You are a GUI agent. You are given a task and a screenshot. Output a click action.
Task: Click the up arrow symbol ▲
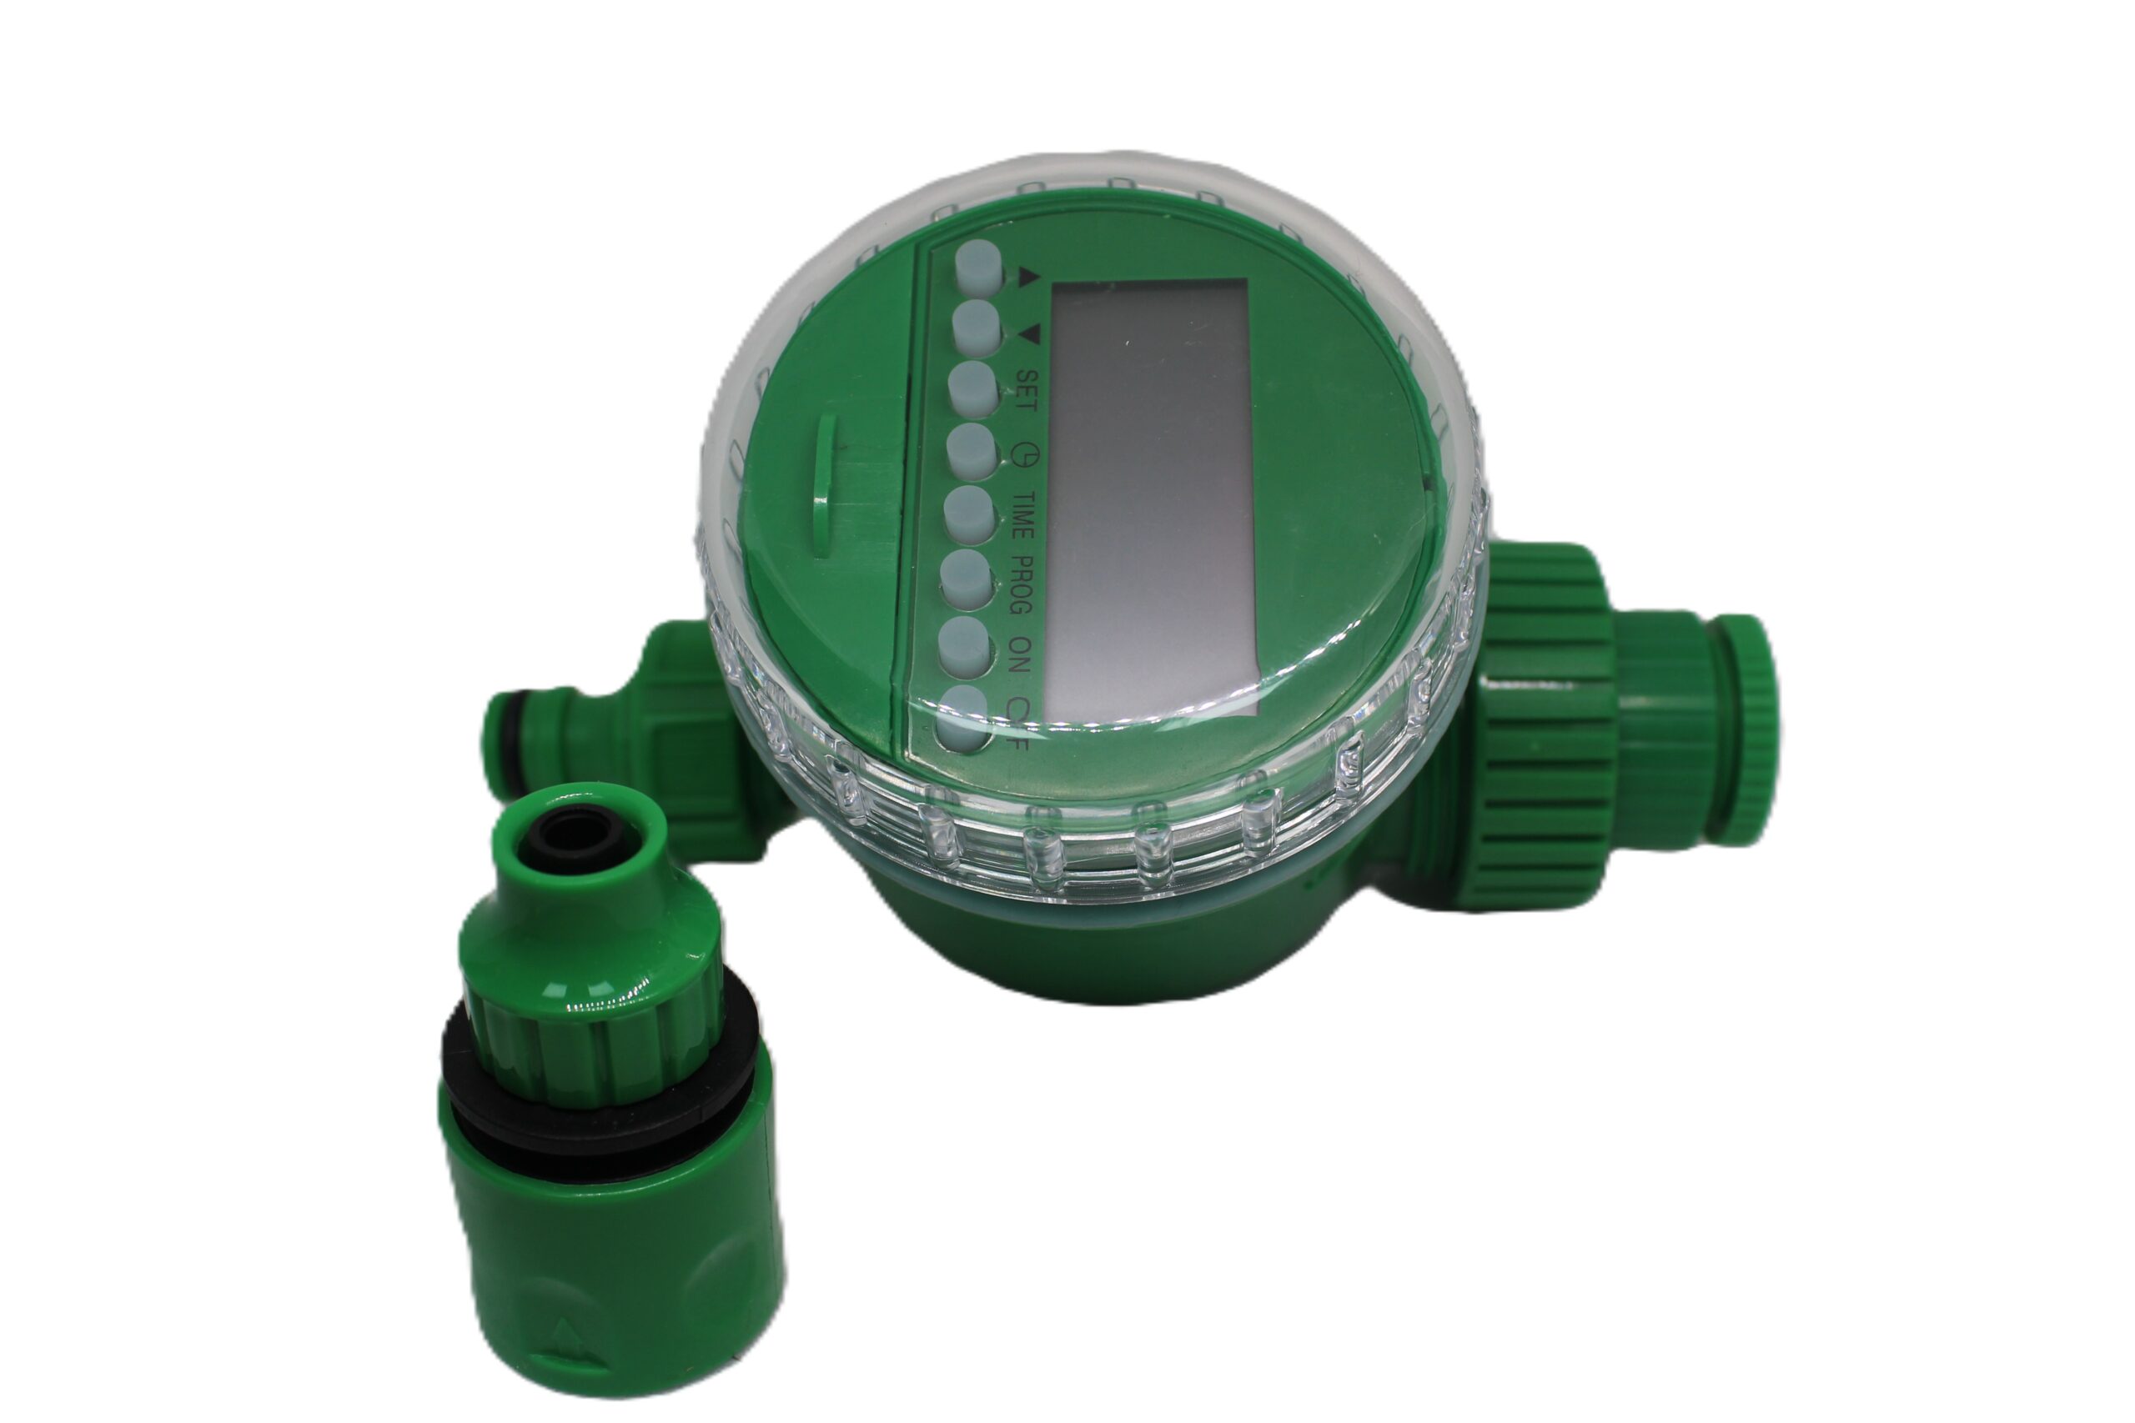pyautogui.click(x=1027, y=276)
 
